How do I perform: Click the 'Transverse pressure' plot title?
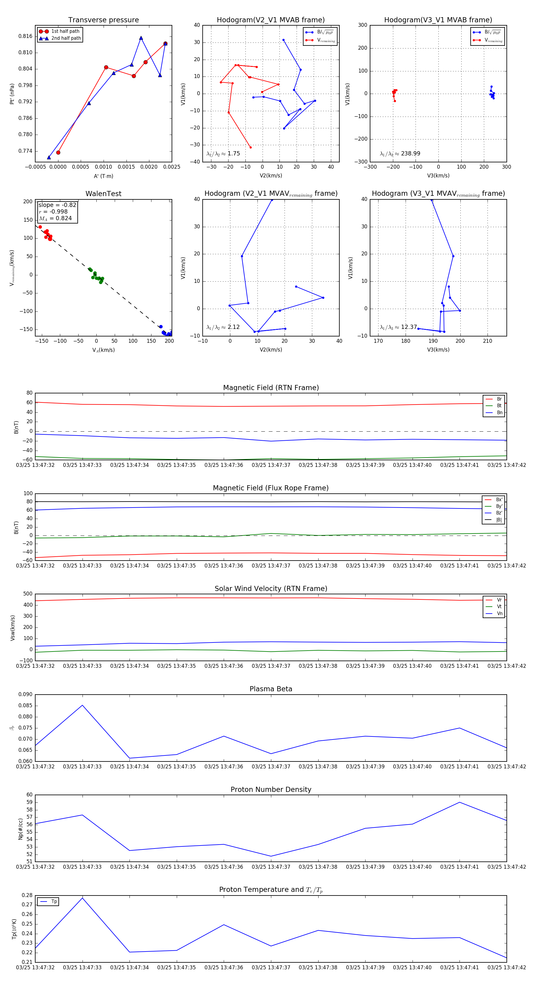tap(103, 20)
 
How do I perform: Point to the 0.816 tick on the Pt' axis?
tap(26, 36)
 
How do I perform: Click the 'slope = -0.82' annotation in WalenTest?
tap(57, 205)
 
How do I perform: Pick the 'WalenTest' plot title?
tap(103, 194)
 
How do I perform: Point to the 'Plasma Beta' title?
tap(271, 689)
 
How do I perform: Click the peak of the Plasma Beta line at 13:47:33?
tap(82, 705)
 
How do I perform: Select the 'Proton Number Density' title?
tap(271, 789)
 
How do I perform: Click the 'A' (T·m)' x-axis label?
tap(103, 176)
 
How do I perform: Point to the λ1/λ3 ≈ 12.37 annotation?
tap(398, 327)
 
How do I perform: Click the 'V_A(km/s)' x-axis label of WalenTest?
tap(103, 350)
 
